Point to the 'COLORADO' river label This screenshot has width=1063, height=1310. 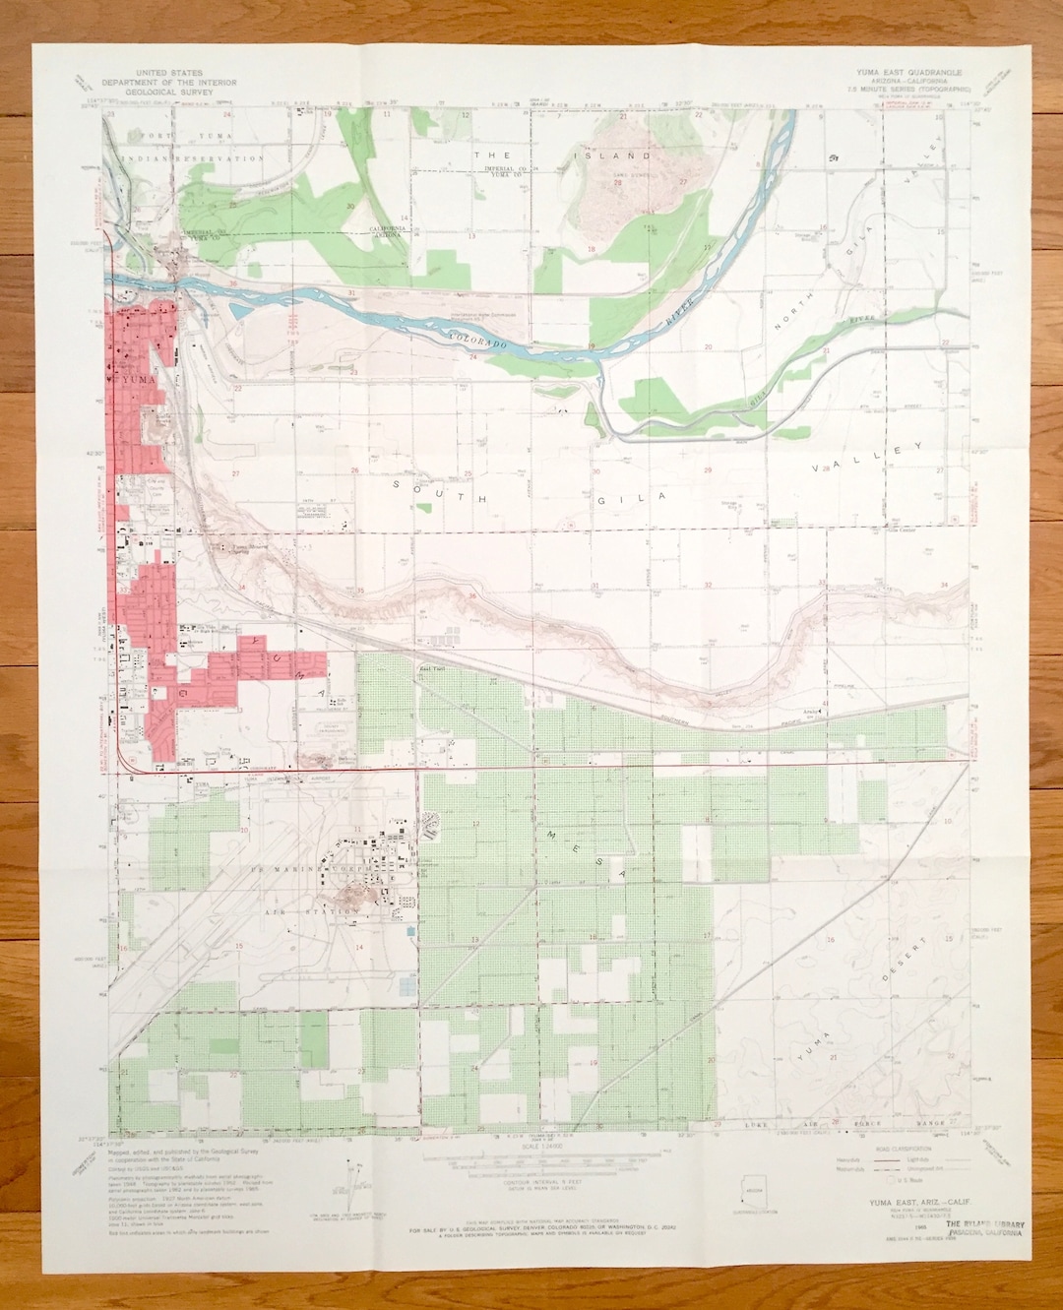click(478, 342)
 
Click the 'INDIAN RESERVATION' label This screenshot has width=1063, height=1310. click(192, 157)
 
